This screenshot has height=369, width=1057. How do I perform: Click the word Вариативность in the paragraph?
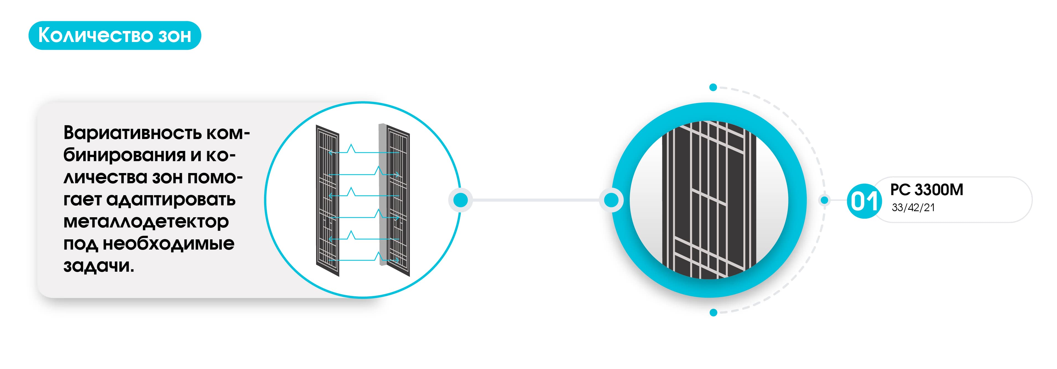point(132,133)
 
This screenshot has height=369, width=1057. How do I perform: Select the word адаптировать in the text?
point(171,200)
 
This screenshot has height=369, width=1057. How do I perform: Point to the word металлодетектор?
point(146,222)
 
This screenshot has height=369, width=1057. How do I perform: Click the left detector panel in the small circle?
point(327,201)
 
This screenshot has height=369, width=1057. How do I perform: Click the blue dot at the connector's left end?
point(460,200)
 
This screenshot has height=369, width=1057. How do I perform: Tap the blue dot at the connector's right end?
point(611,200)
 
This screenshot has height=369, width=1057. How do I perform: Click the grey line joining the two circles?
point(535,200)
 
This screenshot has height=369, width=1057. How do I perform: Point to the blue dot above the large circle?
point(713,87)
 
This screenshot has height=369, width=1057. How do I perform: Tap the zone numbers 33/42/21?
point(913,208)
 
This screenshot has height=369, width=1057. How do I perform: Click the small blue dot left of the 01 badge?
point(824,200)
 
